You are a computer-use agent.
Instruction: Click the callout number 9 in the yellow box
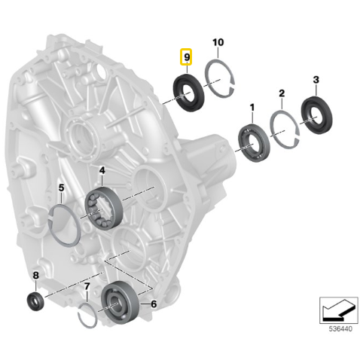187,57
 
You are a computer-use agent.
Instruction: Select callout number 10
218,42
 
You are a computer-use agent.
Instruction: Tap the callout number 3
316,80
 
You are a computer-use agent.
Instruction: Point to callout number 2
282,93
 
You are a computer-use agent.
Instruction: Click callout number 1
252,108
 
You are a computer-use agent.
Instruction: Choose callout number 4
102,170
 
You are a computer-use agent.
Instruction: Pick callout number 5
62,188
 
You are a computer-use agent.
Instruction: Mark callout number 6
154,304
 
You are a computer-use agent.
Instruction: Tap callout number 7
87,286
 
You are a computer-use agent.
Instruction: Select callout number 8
36,276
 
